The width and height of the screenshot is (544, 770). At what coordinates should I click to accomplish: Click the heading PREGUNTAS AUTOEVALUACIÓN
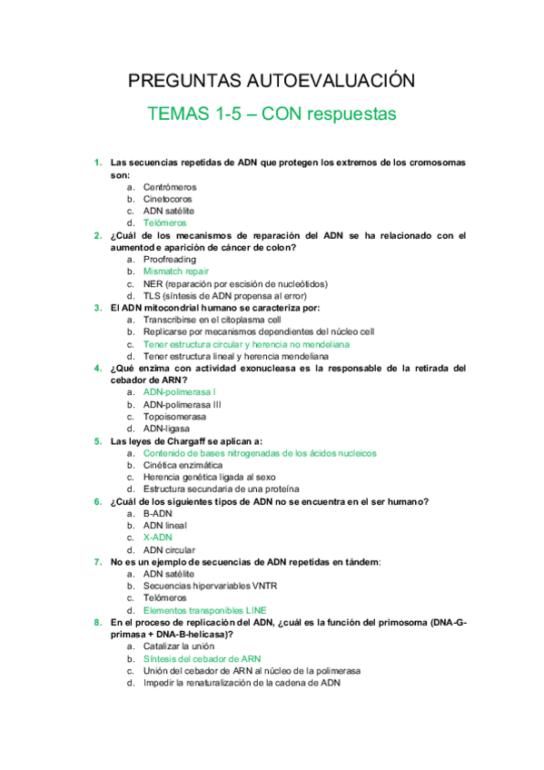272,82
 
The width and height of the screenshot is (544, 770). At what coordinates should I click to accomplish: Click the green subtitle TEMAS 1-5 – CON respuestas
272,115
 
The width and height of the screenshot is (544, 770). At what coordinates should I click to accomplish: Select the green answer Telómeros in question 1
164,222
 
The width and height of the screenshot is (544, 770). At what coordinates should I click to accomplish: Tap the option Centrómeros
169,187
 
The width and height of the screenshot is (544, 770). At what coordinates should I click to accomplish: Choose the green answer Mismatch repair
176,271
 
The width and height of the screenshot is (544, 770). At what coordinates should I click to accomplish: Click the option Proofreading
169,260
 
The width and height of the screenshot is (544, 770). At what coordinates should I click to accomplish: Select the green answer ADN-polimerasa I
179,392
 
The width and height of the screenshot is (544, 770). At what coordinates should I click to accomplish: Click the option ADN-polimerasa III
182,405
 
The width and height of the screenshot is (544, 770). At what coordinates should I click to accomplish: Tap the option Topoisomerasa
173,417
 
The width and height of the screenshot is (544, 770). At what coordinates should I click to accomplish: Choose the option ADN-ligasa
167,429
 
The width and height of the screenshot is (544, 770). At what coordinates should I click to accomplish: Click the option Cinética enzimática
183,465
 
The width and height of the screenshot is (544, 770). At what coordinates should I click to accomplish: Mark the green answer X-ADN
158,538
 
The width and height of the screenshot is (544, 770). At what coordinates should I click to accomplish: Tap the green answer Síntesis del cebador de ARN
202,658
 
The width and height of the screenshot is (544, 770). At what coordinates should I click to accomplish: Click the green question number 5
97,440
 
